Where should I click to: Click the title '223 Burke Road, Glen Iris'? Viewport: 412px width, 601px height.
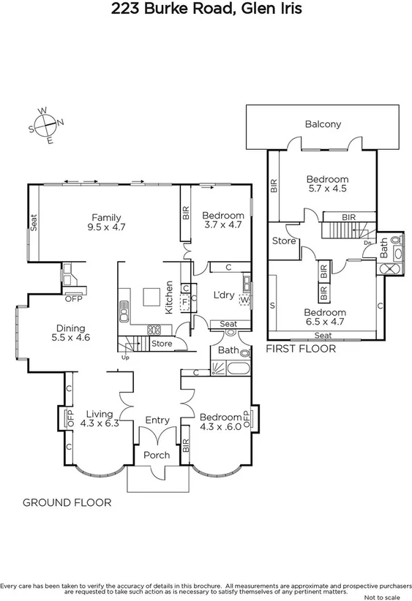click(x=206, y=10)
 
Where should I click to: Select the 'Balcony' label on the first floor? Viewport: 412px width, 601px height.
click(x=323, y=124)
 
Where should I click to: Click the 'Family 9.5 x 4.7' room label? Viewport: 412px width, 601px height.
click(x=106, y=222)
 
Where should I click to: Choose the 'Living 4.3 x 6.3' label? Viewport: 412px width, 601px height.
click(x=99, y=417)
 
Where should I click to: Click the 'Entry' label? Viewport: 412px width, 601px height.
click(x=157, y=420)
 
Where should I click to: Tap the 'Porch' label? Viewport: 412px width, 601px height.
click(x=157, y=455)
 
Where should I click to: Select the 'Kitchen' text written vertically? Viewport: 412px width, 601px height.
click(x=168, y=298)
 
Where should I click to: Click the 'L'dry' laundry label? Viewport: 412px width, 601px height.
click(x=223, y=295)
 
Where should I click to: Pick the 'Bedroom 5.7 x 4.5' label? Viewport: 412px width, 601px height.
click(x=327, y=184)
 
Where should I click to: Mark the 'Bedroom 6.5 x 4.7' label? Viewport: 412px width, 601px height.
click(x=326, y=317)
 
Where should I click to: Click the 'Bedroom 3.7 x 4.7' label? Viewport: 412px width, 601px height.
click(x=222, y=220)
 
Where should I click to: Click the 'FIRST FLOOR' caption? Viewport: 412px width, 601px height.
click(x=301, y=349)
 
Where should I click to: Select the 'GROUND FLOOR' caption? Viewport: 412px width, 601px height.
click(x=67, y=502)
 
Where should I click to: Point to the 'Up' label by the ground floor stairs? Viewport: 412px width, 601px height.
click(x=125, y=358)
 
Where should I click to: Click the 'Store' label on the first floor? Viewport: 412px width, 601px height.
click(x=284, y=241)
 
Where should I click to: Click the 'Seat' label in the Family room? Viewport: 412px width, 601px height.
click(x=34, y=222)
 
